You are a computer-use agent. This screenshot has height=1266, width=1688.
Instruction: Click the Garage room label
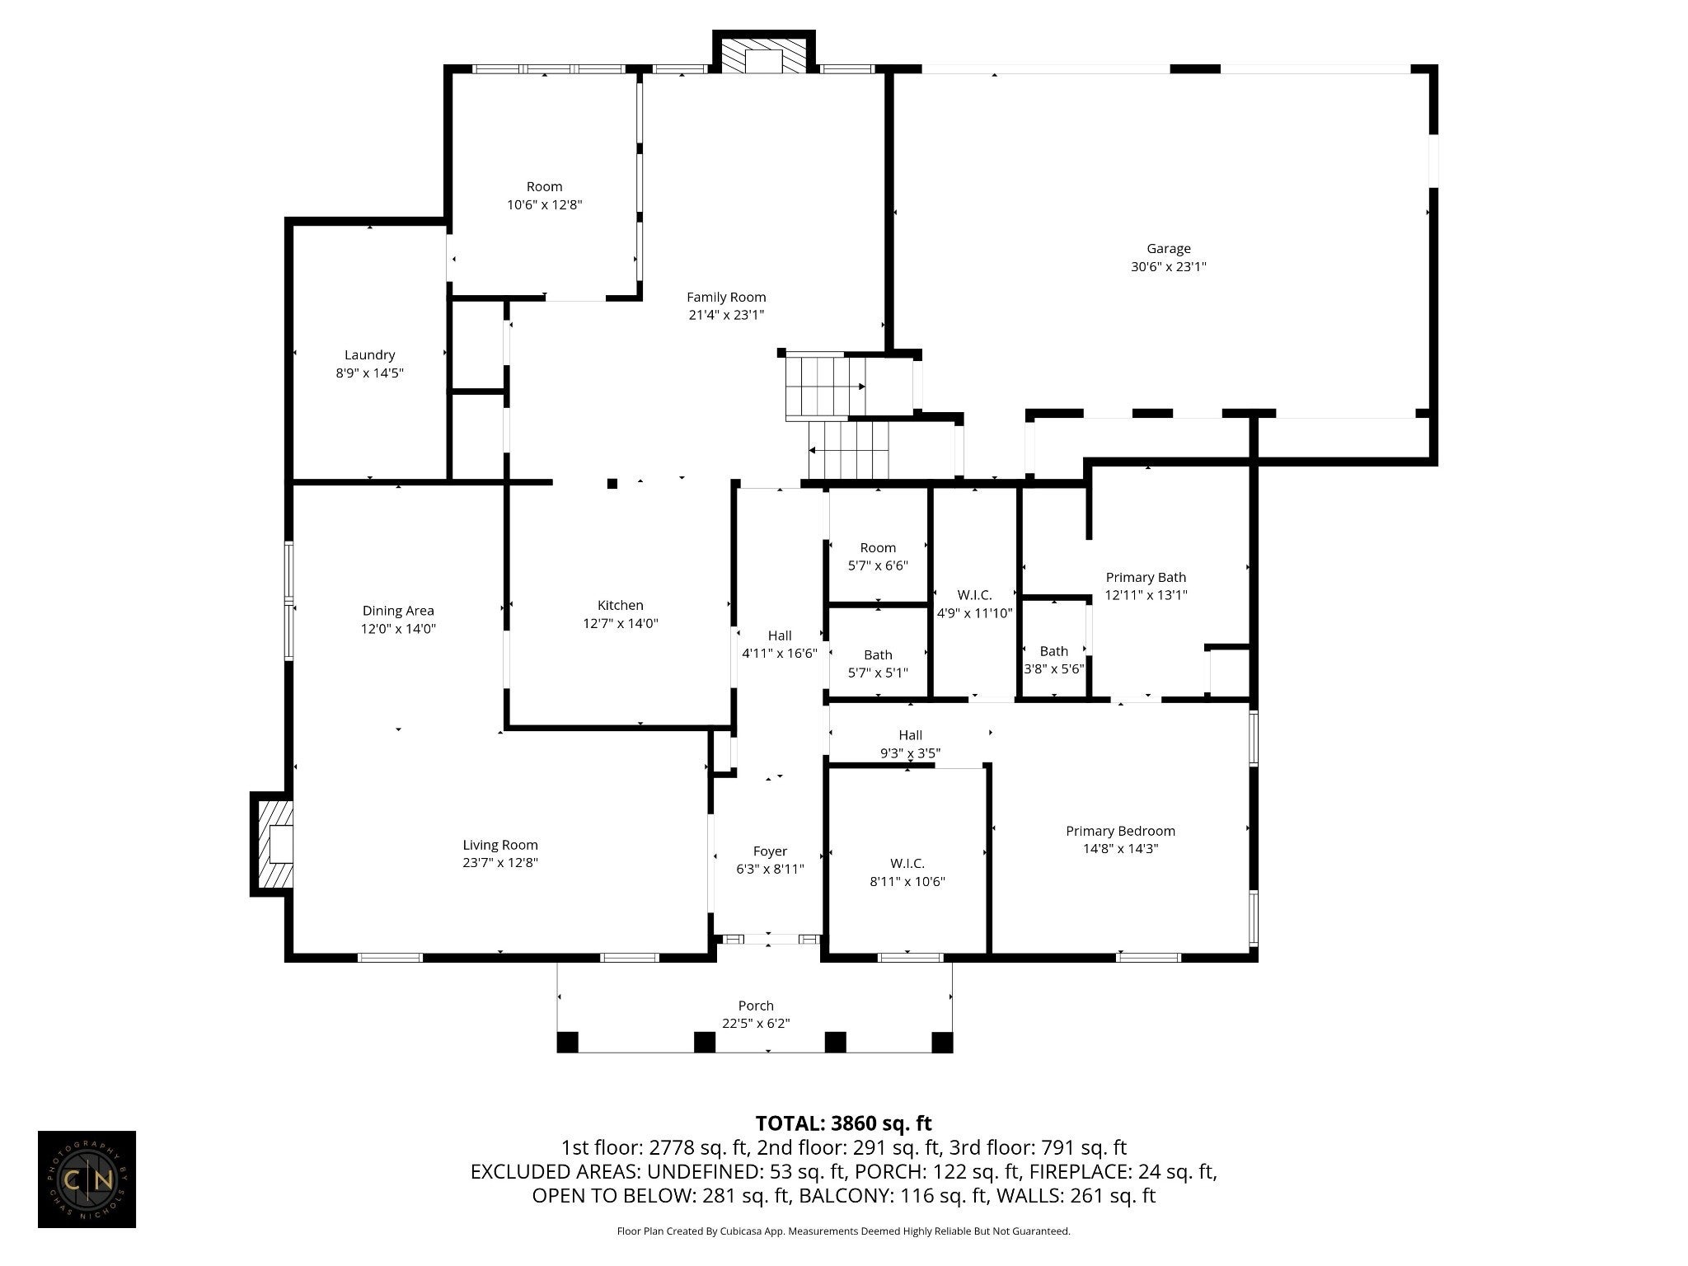[x=1168, y=248]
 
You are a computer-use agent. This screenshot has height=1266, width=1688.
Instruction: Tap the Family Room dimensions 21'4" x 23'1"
[x=726, y=315]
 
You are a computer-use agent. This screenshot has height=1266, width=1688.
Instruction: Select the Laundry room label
[x=369, y=355]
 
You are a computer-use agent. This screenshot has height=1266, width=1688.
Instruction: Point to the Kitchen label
[x=620, y=605]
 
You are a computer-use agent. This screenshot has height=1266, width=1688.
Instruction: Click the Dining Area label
[x=398, y=611]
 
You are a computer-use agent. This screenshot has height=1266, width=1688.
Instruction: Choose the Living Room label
[x=500, y=845]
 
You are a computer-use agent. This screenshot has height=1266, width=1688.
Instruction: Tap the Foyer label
[x=770, y=851]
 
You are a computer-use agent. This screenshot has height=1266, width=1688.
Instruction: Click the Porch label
[x=756, y=1006]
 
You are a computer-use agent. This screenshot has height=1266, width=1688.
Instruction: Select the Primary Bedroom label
[x=1120, y=831]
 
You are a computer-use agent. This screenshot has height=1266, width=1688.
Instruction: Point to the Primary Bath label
[x=1146, y=577]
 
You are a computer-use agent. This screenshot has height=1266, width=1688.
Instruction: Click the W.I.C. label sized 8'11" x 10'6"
[x=907, y=864]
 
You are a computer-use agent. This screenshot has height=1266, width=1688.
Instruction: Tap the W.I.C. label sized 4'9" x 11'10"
[x=974, y=594]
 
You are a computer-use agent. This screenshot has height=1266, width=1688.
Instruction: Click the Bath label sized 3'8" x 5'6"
[x=1053, y=651]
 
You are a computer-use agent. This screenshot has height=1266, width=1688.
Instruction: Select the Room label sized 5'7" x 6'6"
[x=878, y=547]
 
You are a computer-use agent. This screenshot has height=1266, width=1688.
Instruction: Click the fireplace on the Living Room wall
[x=272, y=844]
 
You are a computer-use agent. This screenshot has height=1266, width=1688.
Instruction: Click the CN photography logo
[x=87, y=1179]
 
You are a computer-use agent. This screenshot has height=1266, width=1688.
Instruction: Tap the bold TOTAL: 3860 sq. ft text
[x=843, y=1123]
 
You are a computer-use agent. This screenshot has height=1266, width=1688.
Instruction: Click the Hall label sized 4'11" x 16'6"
[x=780, y=635]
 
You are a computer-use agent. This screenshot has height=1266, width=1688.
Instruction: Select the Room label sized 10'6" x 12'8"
[x=544, y=186]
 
